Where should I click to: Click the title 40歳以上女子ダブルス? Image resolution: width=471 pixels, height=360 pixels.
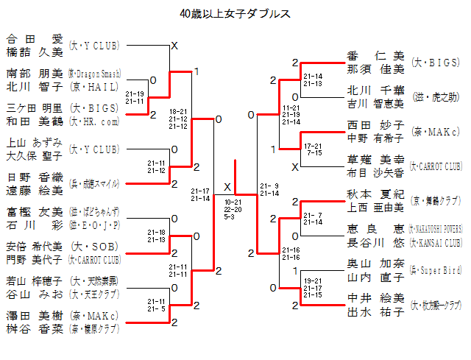[x=235, y=14]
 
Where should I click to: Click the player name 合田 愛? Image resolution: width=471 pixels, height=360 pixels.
[x=35, y=39]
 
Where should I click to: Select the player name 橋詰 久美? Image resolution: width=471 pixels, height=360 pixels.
[x=35, y=52]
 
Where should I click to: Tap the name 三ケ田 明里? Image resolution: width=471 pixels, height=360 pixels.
[x=35, y=107]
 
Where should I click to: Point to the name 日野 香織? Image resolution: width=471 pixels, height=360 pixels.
[x=35, y=177]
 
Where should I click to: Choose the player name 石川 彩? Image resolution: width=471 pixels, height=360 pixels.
[x=35, y=225]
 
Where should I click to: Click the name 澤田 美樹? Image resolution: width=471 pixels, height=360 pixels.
[x=35, y=315]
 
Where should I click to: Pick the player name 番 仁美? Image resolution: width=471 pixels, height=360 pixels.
[x=375, y=56]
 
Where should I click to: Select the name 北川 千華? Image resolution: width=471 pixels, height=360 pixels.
[x=375, y=91]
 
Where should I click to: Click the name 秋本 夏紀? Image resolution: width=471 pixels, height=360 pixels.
[x=375, y=194]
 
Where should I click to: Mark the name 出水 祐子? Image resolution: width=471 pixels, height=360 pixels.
[x=375, y=311]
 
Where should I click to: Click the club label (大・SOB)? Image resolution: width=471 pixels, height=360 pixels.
[x=96, y=246]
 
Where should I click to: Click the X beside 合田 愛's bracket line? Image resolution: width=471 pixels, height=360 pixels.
[x=174, y=46]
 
